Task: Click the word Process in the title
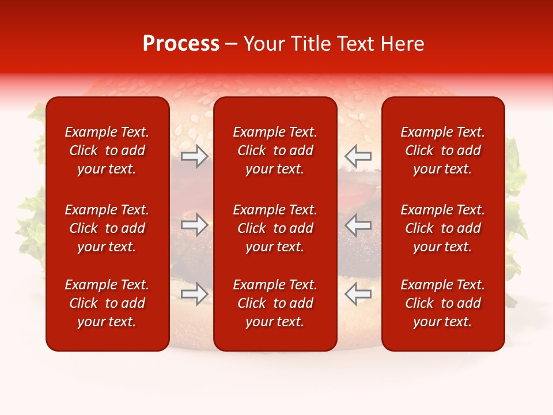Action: coord(181,44)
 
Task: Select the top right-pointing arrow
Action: coord(194,156)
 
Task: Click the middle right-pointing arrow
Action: coord(194,225)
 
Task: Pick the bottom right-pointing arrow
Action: coord(194,293)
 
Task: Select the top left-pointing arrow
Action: coord(358,156)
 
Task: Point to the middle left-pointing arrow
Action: coord(358,225)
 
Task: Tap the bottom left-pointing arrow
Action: coord(358,293)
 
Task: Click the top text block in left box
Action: coord(107,150)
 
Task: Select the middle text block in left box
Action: coord(107,228)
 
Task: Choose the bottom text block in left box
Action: coord(107,303)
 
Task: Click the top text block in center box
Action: coord(275,150)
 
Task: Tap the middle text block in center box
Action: coord(275,228)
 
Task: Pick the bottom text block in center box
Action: coord(275,303)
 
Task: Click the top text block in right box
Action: coord(443,150)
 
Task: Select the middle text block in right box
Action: coord(443,228)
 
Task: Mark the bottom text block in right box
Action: coord(443,303)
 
